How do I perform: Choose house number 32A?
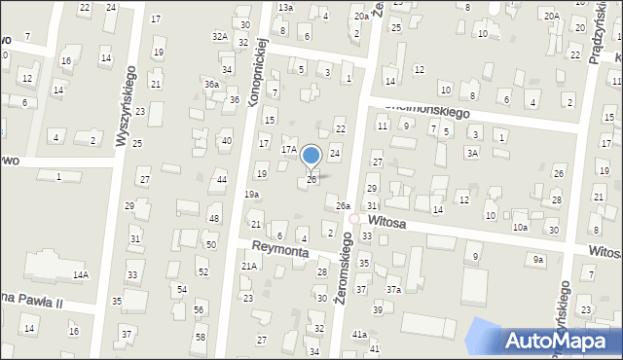tap(220, 36)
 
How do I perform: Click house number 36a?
tap(211, 85)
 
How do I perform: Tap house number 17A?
tap(289, 150)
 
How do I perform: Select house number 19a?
tap(252, 195)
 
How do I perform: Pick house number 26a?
tap(343, 206)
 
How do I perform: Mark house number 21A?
tap(249, 266)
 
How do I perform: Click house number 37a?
tap(393, 290)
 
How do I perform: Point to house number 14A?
tap(80, 275)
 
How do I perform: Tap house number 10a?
tap(521, 228)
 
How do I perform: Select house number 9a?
tap(537, 259)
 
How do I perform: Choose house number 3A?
tap(473, 153)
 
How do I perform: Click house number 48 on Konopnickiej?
tap(213, 219)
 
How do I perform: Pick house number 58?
tap(201, 337)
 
